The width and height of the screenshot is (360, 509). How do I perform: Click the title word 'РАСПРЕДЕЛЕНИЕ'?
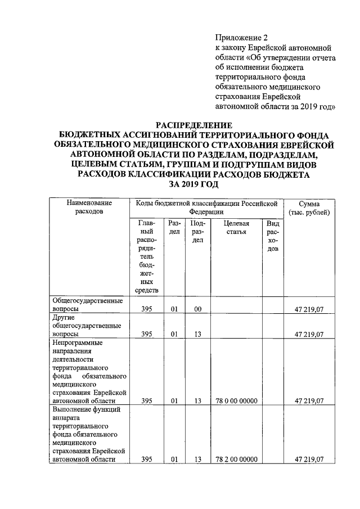pos(193,125)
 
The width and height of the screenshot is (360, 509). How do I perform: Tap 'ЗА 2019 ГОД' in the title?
pos(193,185)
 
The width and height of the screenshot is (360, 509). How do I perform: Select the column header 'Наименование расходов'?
pos(89,208)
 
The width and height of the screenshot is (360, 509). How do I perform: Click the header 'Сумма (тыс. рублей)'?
pos(309,208)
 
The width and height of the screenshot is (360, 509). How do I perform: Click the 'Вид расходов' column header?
pos(273,236)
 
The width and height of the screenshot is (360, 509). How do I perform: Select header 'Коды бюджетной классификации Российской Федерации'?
pos(206,208)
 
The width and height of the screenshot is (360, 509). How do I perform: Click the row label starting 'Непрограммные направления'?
pos(89,371)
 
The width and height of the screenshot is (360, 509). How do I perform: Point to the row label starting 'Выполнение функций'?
pos(89,434)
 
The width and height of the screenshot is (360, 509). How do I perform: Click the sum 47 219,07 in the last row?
pos(309,460)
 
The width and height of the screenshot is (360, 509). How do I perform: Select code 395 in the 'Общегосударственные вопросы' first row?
pos(147,309)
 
